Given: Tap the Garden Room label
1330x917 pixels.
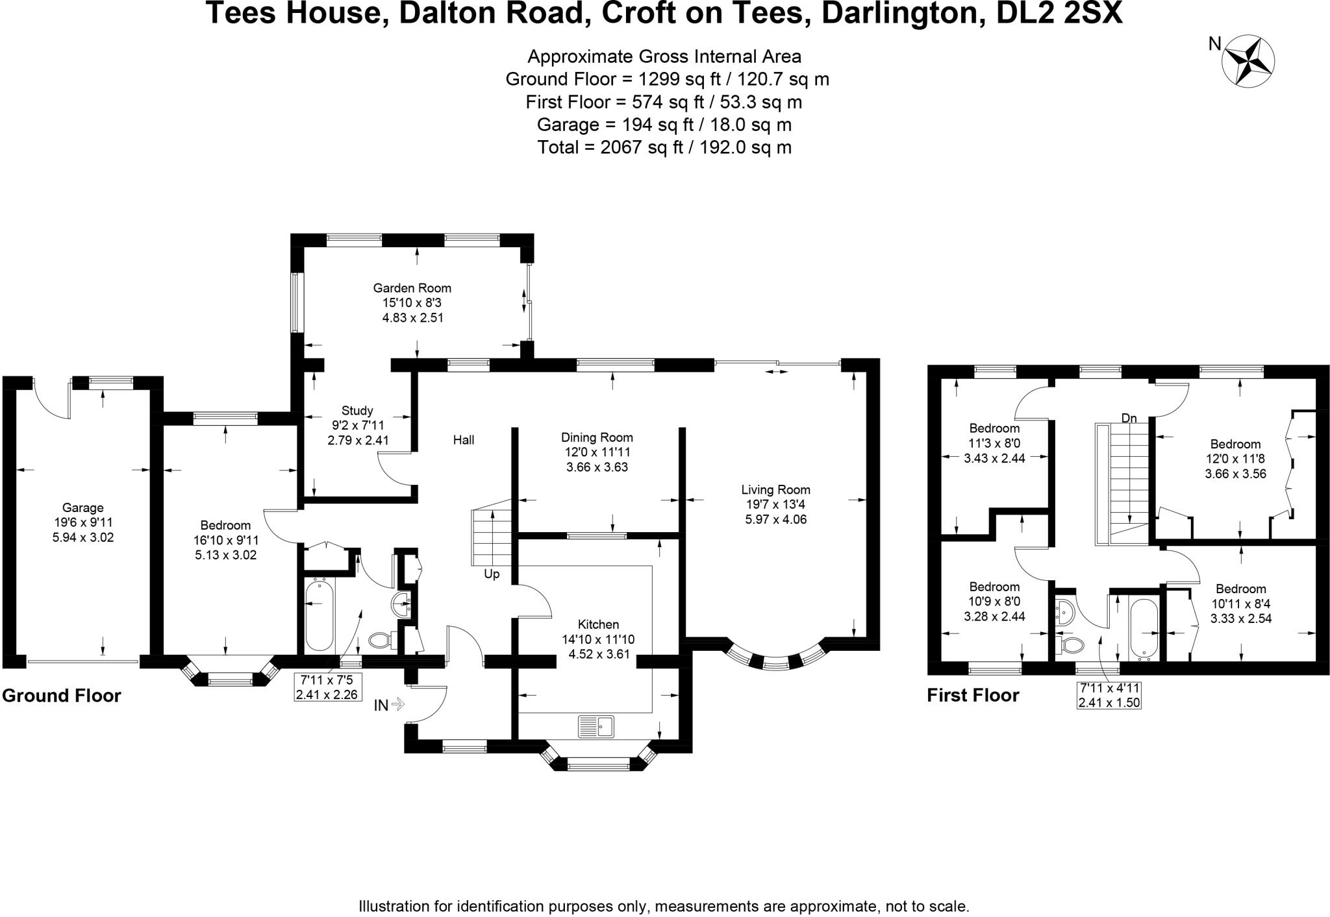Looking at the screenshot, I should (x=412, y=288).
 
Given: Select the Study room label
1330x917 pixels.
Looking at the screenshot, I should (x=357, y=411).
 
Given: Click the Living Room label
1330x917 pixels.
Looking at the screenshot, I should (x=775, y=490).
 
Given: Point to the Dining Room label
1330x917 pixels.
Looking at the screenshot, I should (x=597, y=438).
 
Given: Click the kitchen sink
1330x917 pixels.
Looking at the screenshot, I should (x=596, y=726).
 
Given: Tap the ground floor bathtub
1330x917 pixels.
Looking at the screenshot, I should (x=319, y=615).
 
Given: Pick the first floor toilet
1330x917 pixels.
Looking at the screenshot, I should (x=1071, y=644).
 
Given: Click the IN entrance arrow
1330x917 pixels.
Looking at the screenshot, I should (x=390, y=705).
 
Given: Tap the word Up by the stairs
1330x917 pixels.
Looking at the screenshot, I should (x=492, y=574).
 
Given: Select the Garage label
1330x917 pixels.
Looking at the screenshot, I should (x=82, y=508).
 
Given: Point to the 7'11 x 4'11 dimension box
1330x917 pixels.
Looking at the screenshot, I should (x=1109, y=695).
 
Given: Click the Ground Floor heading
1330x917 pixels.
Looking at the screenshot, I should (x=62, y=696).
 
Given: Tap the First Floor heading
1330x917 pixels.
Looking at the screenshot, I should (x=973, y=696).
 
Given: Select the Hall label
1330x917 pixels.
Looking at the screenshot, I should (x=464, y=440).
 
